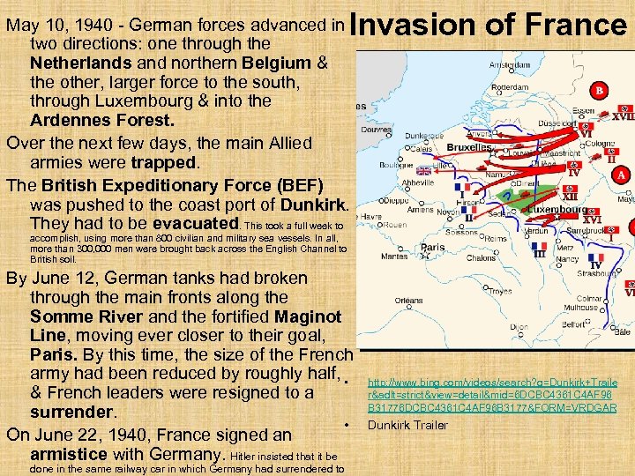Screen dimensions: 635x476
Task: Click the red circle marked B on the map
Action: [601, 89]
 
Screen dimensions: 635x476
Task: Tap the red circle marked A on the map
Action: [623, 175]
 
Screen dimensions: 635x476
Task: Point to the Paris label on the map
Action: [432, 249]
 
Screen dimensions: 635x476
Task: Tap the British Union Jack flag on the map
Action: [424, 171]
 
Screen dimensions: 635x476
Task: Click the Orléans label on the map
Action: [408, 300]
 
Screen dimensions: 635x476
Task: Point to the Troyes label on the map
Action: [500, 291]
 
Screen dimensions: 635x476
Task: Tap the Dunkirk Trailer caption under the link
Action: [408, 426]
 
